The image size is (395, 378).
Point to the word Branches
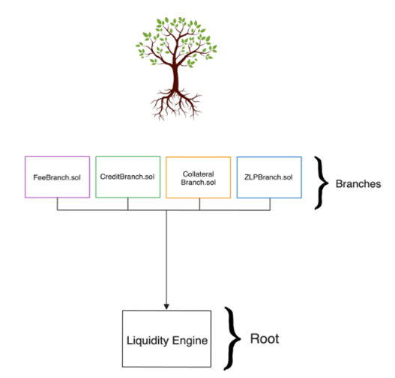(x=358, y=184)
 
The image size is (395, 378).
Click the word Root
(x=265, y=338)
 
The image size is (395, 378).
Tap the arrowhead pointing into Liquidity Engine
(x=166, y=307)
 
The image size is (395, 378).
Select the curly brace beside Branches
(x=322, y=183)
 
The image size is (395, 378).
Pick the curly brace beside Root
(x=232, y=338)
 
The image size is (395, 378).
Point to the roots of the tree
(x=176, y=104)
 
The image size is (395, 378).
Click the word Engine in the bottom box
(x=190, y=341)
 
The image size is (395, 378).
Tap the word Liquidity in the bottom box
(x=148, y=341)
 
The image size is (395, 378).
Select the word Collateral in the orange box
(x=199, y=174)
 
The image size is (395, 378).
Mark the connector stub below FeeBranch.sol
(x=58, y=204)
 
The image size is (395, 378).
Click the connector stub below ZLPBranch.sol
(x=270, y=204)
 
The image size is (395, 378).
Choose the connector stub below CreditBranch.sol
(x=128, y=204)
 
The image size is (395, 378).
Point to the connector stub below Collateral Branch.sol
(x=199, y=204)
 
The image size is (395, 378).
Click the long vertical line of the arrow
(x=166, y=257)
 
